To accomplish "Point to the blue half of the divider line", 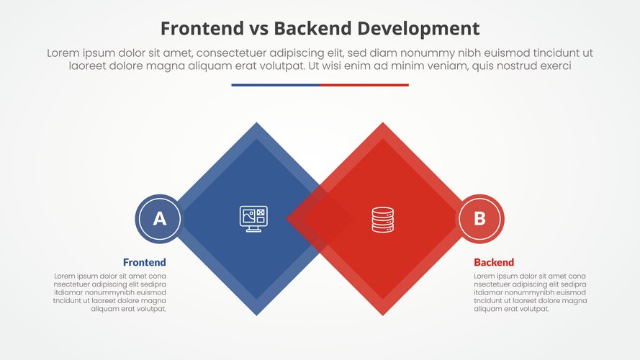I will click(x=275, y=85).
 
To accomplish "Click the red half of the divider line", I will click(x=364, y=85).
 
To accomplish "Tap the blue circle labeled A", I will click(x=160, y=218).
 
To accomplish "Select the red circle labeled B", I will click(x=480, y=218).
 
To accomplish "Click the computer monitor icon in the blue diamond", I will click(x=253, y=219).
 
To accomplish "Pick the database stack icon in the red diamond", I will click(x=382, y=219).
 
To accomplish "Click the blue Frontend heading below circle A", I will click(x=144, y=262).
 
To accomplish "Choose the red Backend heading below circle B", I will click(x=494, y=262).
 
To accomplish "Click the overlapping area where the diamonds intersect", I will click(x=320, y=219).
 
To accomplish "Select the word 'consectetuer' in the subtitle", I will click(x=232, y=53).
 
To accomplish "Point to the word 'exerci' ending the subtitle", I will click(x=554, y=66).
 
